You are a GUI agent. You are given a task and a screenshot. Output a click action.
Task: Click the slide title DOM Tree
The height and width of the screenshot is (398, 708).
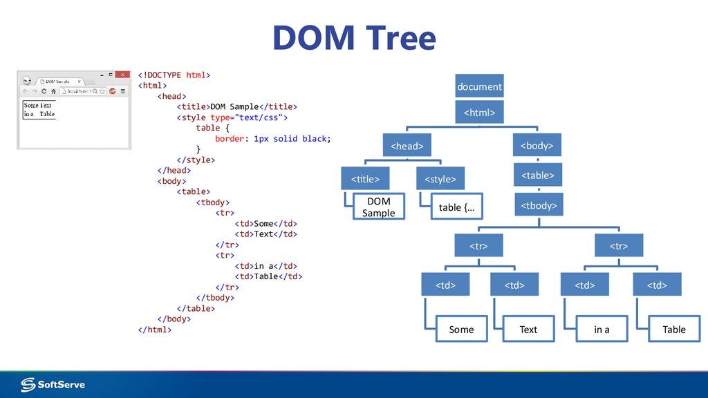(x=354, y=37)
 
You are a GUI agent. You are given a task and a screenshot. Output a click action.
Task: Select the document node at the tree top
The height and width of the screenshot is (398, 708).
(x=479, y=86)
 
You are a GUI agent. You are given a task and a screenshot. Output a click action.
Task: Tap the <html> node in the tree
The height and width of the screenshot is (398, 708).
(x=479, y=112)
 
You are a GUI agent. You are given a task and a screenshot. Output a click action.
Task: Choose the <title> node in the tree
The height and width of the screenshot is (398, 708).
(x=365, y=179)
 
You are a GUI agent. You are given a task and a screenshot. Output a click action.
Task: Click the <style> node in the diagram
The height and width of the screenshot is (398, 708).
(x=440, y=179)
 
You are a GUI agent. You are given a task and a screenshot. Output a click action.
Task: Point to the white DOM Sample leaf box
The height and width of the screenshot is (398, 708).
(x=378, y=207)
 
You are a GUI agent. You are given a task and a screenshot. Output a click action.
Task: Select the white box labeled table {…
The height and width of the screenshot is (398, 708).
(x=457, y=207)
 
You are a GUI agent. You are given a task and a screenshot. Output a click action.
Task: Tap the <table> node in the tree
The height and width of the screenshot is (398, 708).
(x=538, y=175)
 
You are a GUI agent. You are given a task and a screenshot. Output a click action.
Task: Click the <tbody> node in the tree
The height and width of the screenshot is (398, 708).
(x=538, y=205)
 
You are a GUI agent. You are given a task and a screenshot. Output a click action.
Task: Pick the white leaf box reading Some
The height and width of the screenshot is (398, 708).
(x=461, y=329)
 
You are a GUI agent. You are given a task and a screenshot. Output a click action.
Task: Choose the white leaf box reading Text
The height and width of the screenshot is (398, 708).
(x=528, y=329)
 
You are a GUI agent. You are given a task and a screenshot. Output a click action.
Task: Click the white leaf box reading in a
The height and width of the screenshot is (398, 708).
(x=602, y=329)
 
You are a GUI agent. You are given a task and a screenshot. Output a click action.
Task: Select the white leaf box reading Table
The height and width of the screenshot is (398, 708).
(x=673, y=329)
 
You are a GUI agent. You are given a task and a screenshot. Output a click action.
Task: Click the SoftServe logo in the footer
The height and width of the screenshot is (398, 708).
(x=53, y=384)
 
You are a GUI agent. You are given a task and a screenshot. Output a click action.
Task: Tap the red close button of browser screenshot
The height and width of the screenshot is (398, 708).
(x=122, y=74)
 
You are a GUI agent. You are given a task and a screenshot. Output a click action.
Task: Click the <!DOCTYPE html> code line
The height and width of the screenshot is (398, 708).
(x=174, y=75)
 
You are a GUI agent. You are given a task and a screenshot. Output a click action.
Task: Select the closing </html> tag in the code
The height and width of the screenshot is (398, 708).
(x=155, y=330)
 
